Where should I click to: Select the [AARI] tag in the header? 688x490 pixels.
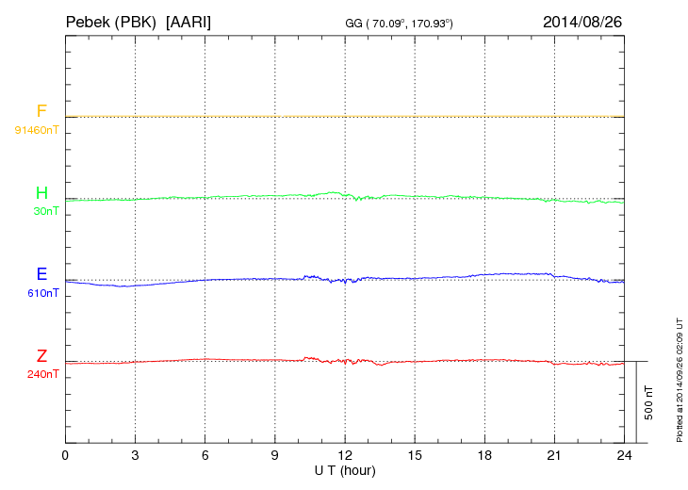188,20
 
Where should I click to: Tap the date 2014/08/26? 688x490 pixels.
582,20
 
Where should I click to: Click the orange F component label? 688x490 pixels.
41,112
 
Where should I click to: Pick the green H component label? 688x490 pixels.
41,194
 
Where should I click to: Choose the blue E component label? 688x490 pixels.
41,275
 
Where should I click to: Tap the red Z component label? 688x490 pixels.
41,356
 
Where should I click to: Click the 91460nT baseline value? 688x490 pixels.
37,129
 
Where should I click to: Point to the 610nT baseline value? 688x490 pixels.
43,293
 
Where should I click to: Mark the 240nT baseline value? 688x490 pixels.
43,374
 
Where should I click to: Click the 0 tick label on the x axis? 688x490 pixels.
65,456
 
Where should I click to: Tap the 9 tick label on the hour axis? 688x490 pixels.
275,456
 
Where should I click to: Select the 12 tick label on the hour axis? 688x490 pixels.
345,456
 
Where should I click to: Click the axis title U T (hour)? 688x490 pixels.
345,469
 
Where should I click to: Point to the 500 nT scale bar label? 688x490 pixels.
648,402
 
